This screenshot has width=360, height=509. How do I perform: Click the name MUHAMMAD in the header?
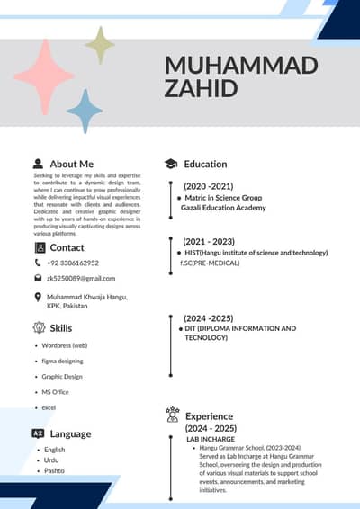point(242,66)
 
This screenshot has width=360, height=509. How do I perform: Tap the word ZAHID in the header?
point(201,88)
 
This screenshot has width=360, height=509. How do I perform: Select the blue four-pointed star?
point(85,111)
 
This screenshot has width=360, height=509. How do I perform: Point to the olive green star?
point(100,45)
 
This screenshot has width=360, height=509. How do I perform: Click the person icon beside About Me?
point(38,164)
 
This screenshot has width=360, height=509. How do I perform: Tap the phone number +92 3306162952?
point(73,263)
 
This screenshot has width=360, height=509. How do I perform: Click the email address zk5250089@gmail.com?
point(81,279)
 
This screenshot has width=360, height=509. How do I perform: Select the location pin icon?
point(38,297)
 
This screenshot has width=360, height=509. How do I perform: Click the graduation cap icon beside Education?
point(170,164)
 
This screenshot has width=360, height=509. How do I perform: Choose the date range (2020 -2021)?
point(208,186)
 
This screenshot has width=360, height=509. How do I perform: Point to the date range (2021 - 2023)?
point(209,242)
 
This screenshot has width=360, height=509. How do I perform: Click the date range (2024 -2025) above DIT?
point(208,318)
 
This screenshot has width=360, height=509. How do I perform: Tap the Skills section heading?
point(61,328)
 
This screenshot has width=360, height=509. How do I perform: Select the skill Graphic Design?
point(62,377)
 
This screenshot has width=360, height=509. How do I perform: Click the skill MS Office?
point(55,392)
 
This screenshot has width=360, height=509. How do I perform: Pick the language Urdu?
point(52,460)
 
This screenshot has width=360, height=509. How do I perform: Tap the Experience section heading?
point(209,416)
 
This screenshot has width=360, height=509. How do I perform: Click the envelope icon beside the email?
point(38,279)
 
